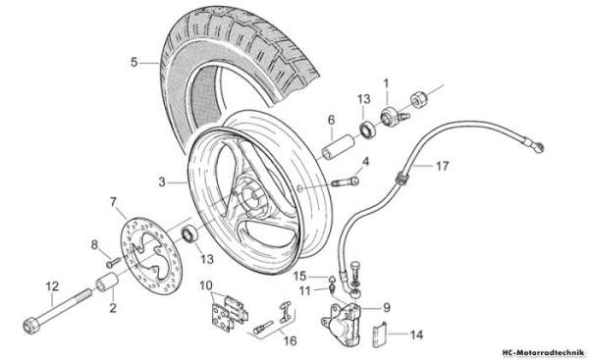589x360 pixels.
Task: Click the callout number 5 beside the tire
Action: pos(134,63)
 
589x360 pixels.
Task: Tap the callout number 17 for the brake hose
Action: pos(442,166)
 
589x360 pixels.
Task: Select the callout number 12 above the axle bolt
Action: pos(52,286)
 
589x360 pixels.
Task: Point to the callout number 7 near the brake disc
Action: pos(114,202)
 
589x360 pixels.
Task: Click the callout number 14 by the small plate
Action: pos(416,334)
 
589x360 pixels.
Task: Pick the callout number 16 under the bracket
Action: pos(290,340)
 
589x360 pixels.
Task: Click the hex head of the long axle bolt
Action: pos(31,325)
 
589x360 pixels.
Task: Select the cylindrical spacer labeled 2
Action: pos(107,283)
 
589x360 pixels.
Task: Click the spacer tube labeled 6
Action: pos(338,147)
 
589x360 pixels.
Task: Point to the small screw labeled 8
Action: pos(114,262)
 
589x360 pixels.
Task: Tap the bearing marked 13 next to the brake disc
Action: pos(190,234)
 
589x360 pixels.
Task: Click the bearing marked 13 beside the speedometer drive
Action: pos(368,129)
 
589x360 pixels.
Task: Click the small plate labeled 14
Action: pos(380,335)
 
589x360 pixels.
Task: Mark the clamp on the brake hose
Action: pos(402,177)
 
